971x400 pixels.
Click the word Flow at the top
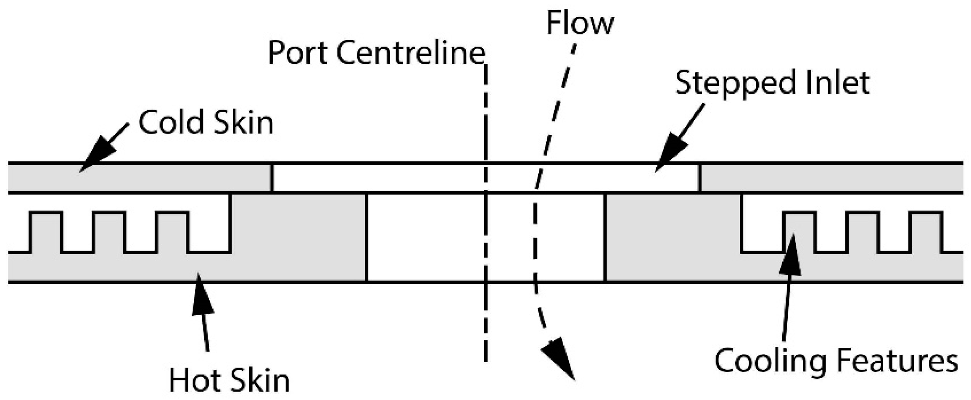(x=580, y=24)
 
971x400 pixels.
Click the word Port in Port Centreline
(x=298, y=53)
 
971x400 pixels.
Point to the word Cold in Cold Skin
(x=172, y=123)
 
